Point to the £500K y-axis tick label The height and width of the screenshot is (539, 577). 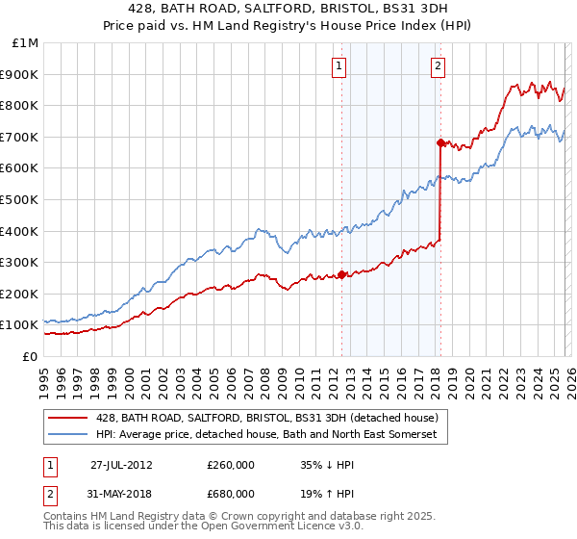[20, 199]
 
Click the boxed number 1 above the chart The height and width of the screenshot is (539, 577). [340, 66]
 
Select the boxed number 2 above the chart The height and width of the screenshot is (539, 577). [438, 66]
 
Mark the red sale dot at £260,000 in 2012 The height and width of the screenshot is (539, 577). [342, 274]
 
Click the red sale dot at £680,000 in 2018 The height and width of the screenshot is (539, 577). [440, 142]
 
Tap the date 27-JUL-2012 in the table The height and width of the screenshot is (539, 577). [122, 465]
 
